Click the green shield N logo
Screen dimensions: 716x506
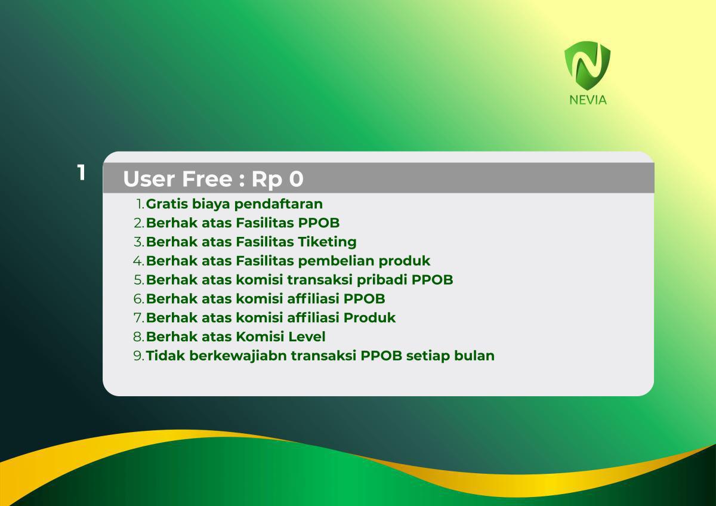click(587, 66)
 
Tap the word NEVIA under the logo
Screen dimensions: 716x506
click(588, 100)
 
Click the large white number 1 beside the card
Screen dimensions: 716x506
click(81, 173)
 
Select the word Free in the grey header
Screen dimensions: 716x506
click(207, 178)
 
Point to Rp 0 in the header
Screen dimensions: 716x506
click(277, 179)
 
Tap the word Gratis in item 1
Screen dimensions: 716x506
click(167, 204)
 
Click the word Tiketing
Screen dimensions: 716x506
click(328, 242)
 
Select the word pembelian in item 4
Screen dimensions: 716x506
click(337, 261)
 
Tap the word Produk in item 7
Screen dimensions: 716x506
click(369, 317)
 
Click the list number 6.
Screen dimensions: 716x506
click(138, 299)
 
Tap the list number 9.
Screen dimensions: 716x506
click(138, 356)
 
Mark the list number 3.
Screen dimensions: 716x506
click(138, 242)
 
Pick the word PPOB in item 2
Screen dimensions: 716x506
click(319, 223)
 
